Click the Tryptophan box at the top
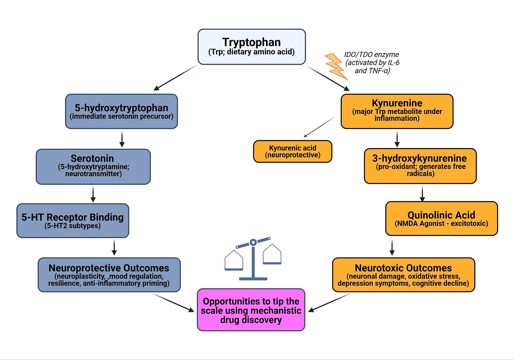[252, 47]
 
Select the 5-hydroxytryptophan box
[121, 111]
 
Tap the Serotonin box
[93, 167]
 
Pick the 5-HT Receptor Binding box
[73, 221]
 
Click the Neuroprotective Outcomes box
[109, 275]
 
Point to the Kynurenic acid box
[293, 152]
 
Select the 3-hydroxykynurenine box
[420, 166]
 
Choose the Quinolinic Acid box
[442, 219]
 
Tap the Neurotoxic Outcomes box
[404, 275]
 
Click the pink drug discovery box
[251, 310]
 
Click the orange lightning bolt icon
[336, 67]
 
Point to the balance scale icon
[253, 259]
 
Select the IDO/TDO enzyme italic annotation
[372, 63]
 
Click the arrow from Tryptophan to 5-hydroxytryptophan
[175, 78]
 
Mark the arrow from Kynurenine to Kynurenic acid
[320, 126]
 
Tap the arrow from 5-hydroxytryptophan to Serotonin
[122, 139]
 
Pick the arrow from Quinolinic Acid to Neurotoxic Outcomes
[392, 247]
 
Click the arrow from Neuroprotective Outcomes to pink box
[173, 303]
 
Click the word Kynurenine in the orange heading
[397, 103]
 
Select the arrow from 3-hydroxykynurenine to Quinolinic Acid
[423, 194]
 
